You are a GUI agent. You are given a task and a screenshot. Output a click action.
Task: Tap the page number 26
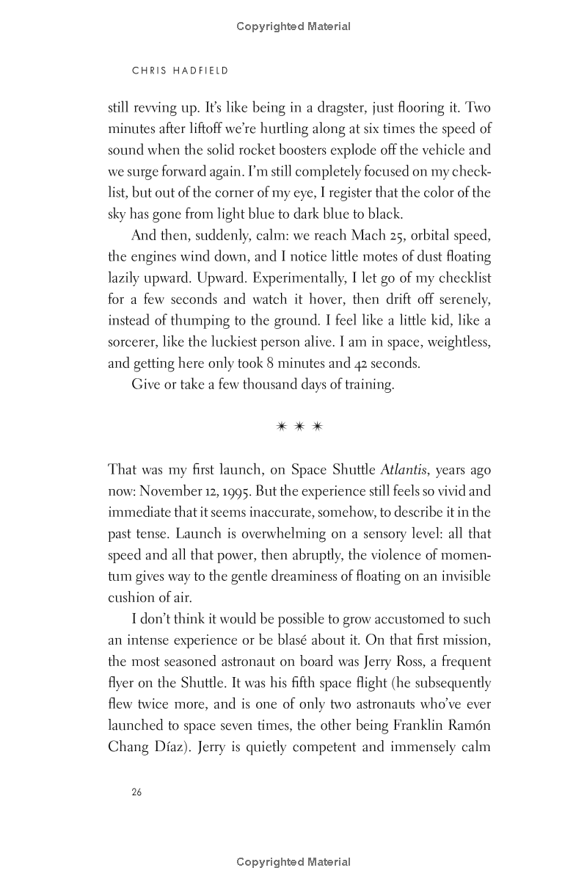coord(136,792)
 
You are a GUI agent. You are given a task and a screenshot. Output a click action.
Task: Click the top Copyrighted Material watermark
coord(293,26)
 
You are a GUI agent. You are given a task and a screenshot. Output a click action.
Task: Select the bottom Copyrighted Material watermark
coord(293,862)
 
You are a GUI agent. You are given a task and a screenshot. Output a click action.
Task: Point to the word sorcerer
coord(135,341)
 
